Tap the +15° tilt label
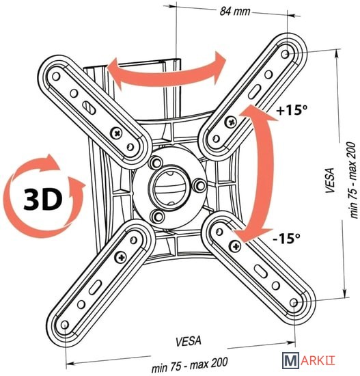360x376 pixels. [x=292, y=110]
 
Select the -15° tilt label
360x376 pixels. [x=286, y=238]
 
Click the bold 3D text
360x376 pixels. [x=43, y=199]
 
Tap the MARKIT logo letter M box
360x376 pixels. [x=290, y=360]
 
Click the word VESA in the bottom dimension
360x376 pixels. [x=189, y=341]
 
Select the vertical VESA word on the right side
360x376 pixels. [x=330, y=180]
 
